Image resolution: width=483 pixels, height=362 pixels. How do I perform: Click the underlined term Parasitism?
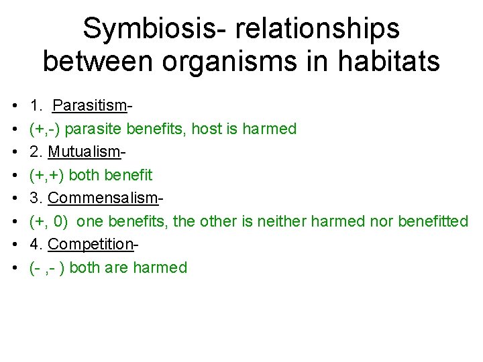(89, 105)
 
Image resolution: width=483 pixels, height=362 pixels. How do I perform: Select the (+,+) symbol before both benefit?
(46, 175)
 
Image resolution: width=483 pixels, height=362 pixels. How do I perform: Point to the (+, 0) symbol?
(49, 221)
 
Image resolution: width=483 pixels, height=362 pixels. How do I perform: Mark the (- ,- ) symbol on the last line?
(47, 267)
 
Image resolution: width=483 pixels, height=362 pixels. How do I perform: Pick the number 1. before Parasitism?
(36, 105)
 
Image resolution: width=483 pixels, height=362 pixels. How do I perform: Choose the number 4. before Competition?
(36, 244)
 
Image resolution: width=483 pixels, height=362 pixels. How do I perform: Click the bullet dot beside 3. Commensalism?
(14, 198)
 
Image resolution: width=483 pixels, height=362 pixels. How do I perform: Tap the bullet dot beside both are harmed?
(14, 268)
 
